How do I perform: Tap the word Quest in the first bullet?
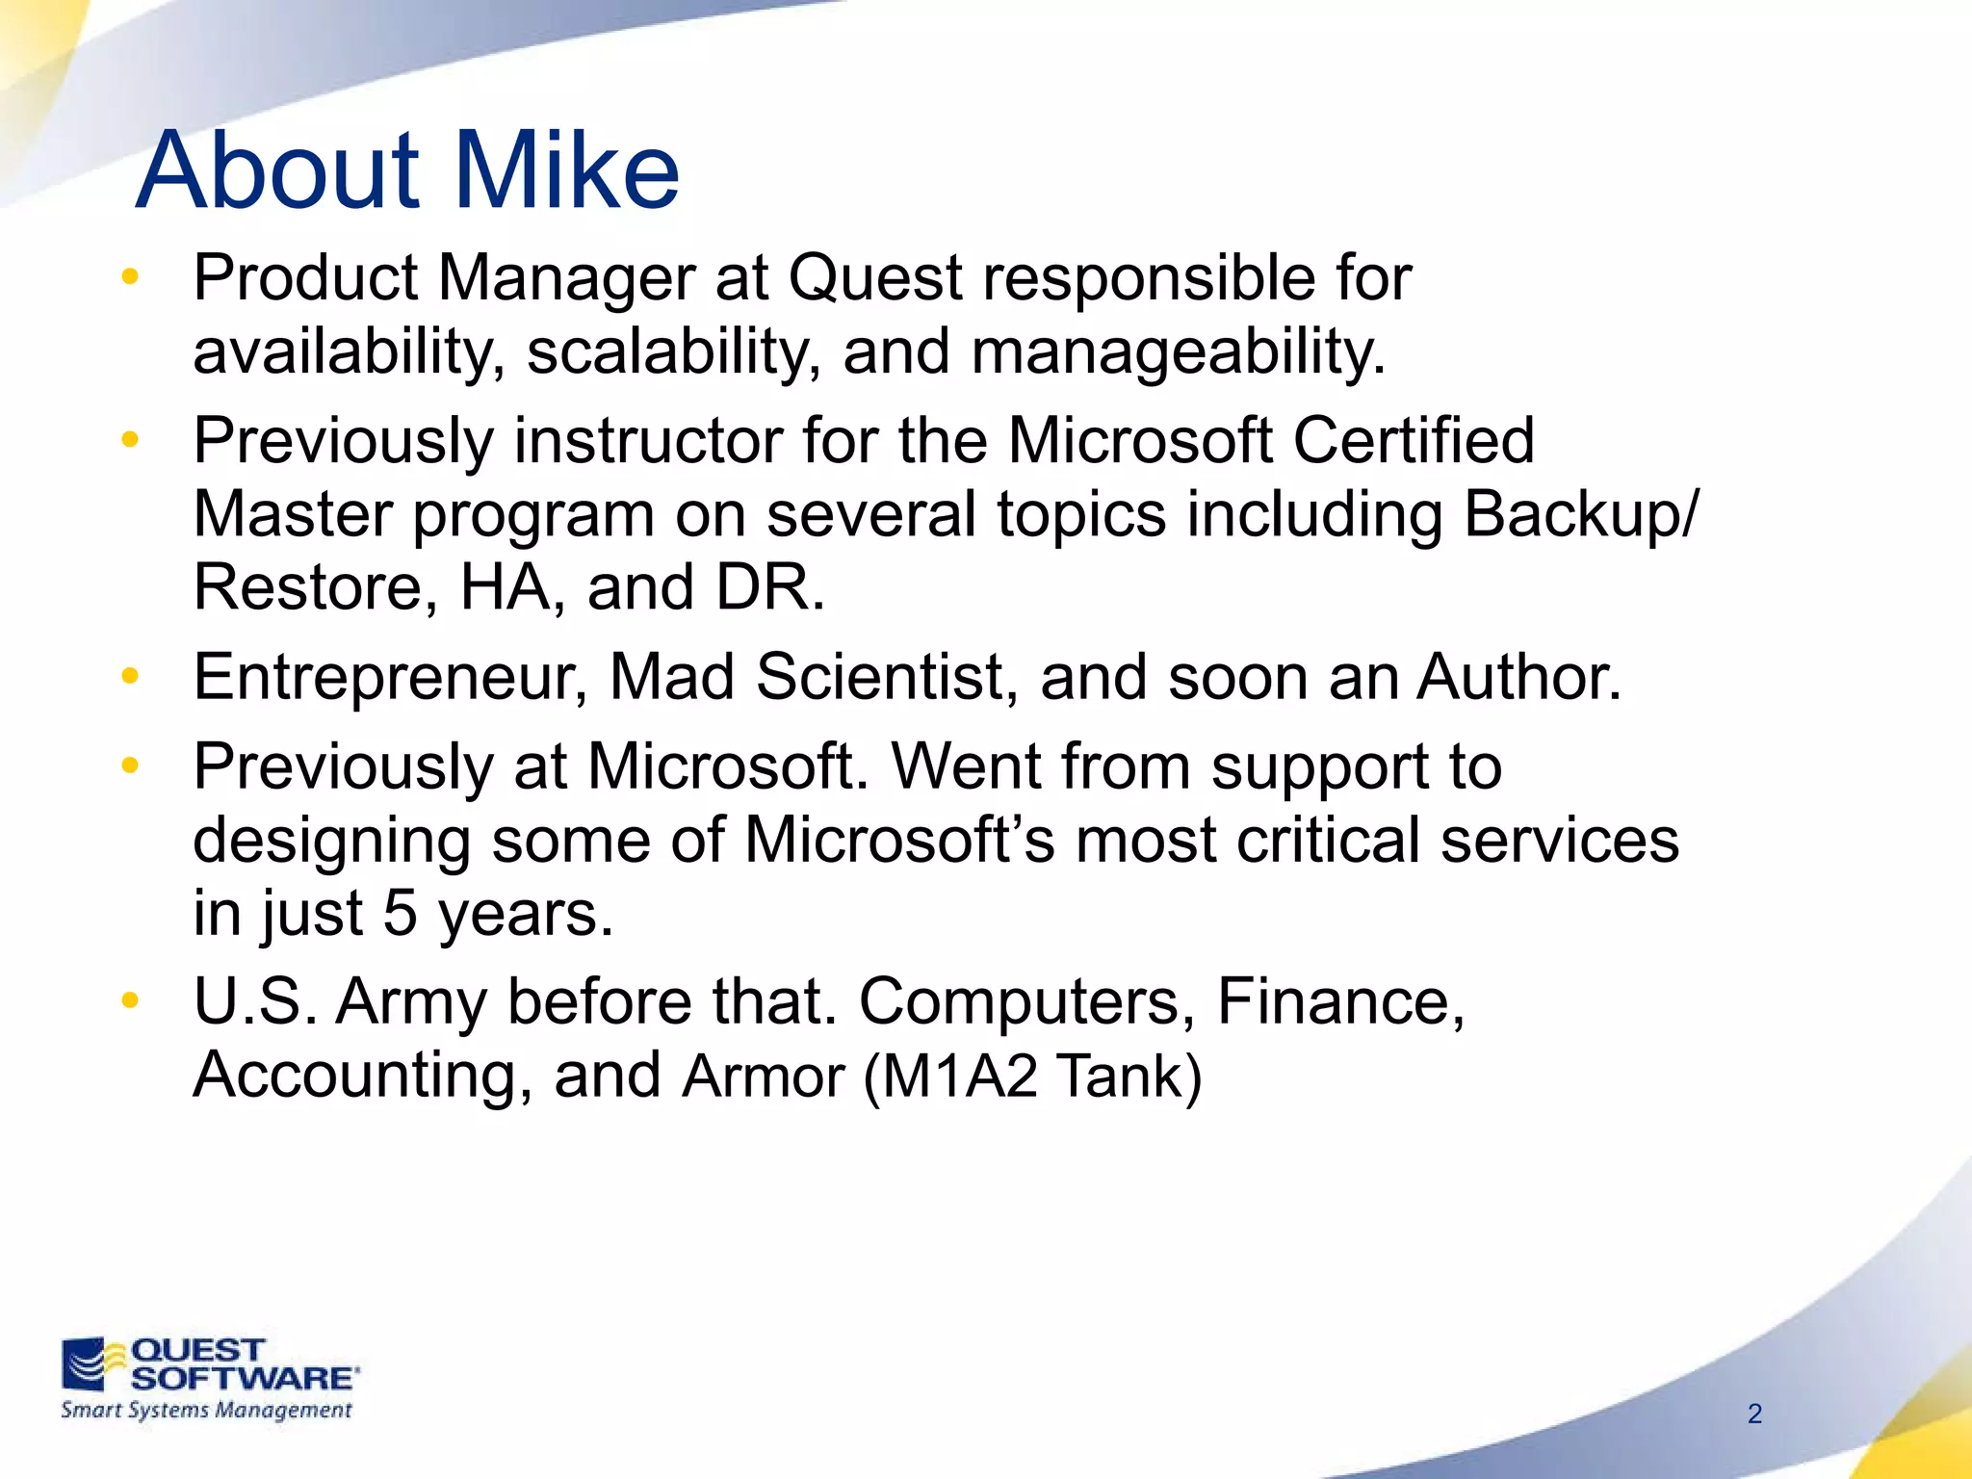click(x=875, y=279)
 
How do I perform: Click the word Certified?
click(x=1413, y=441)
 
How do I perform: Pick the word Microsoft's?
click(x=899, y=841)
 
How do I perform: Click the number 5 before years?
click(x=400, y=914)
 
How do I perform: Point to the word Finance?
click(x=1340, y=1002)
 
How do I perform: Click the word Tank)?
click(x=1129, y=1077)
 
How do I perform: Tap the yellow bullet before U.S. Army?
click(x=130, y=1001)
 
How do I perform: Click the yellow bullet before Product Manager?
click(x=130, y=278)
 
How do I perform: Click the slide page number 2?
click(x=1754, y=1414)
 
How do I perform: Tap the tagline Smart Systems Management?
click(x=206, y=1411)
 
